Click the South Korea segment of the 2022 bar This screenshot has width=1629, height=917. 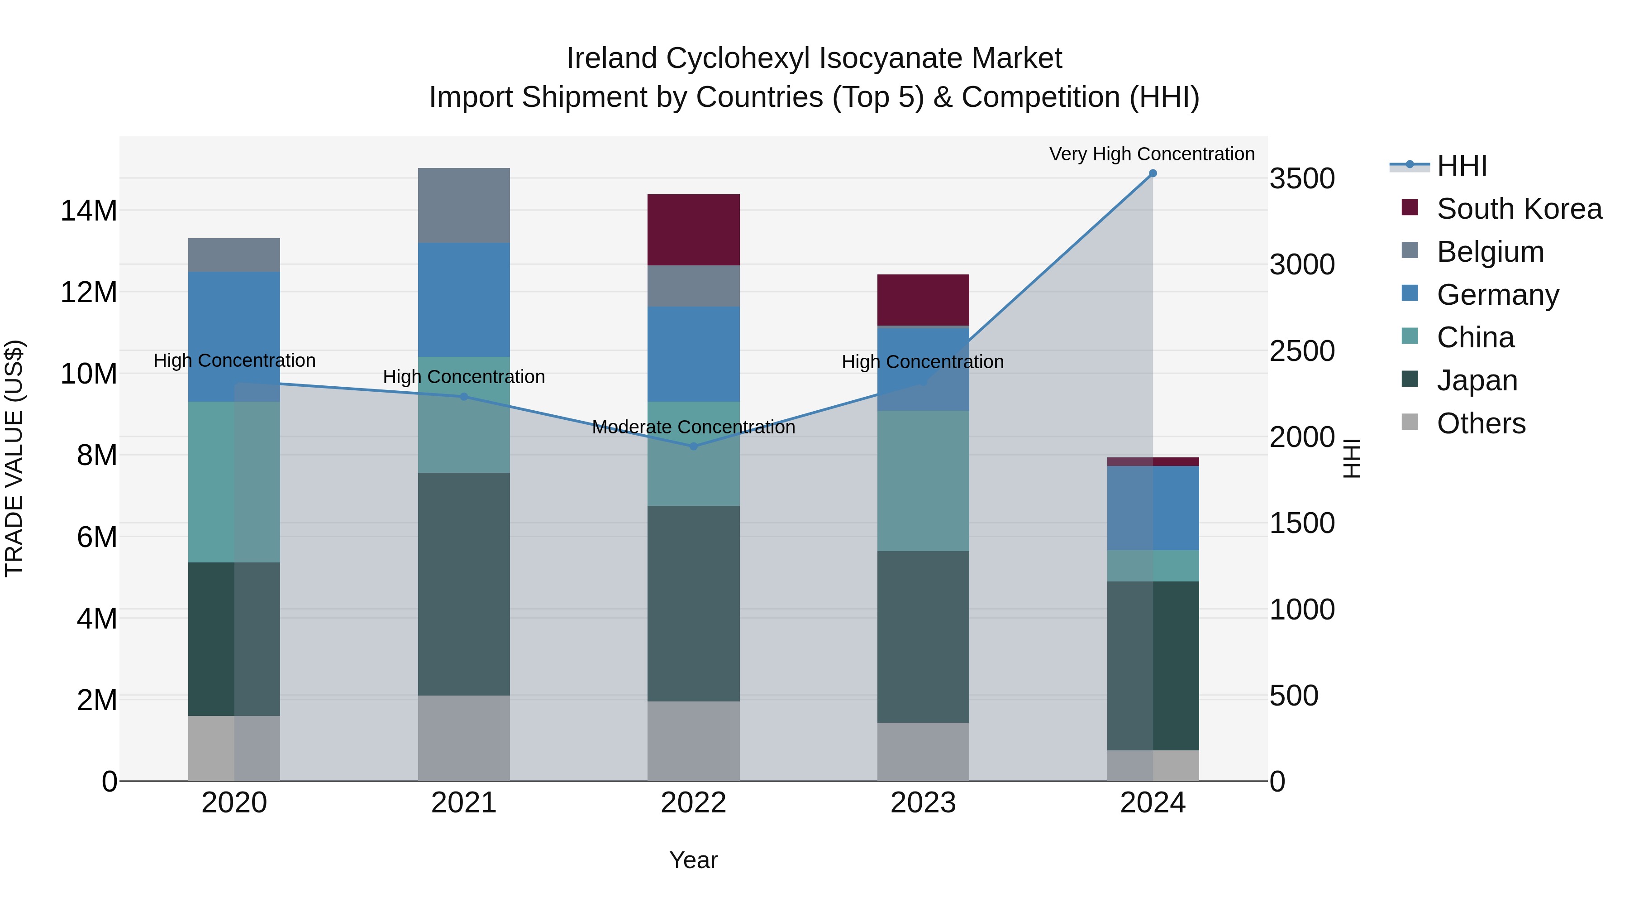point(693,229)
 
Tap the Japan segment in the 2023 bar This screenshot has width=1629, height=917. point(923,636)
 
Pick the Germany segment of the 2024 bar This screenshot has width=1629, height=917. point(1153,508)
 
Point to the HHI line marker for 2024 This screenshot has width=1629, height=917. point(1153,173)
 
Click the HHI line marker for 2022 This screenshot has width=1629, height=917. point(693,446)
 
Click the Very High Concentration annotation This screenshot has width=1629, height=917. point(1152,154)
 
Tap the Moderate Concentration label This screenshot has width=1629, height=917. point(693,427)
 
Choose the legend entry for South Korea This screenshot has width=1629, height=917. point(1519,209)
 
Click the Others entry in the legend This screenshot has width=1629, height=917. point(1481,423)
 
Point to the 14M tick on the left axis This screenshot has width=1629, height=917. point(89,211)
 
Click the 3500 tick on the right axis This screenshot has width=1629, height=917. point(1302,178)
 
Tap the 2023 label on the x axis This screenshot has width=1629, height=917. point(923,803)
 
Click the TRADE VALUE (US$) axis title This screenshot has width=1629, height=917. point(14,458)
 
